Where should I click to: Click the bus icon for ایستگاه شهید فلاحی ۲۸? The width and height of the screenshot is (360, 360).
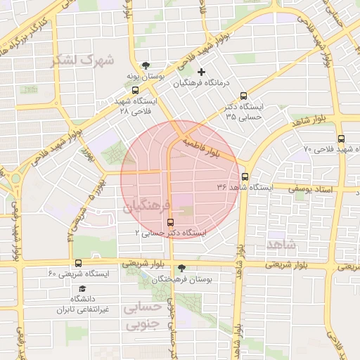[135, 90]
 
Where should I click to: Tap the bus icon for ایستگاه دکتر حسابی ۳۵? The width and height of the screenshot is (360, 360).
[244, 96]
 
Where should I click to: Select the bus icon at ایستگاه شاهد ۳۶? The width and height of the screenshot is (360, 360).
[245, 177]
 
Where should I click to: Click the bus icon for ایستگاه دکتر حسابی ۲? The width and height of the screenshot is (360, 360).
[169, 223]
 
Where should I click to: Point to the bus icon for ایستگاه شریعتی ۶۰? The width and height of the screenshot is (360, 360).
[77, 264]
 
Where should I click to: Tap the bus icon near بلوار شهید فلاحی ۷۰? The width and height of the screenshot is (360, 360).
[341, 139]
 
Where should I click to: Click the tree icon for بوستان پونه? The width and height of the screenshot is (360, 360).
[146, 65]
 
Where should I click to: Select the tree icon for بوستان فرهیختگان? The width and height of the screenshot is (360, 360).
[182, 268]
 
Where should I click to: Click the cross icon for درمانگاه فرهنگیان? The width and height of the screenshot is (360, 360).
[202, 72]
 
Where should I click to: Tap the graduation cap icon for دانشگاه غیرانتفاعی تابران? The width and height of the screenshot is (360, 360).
[82, 289]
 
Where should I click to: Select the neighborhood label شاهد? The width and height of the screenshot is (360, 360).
[281, 243]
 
